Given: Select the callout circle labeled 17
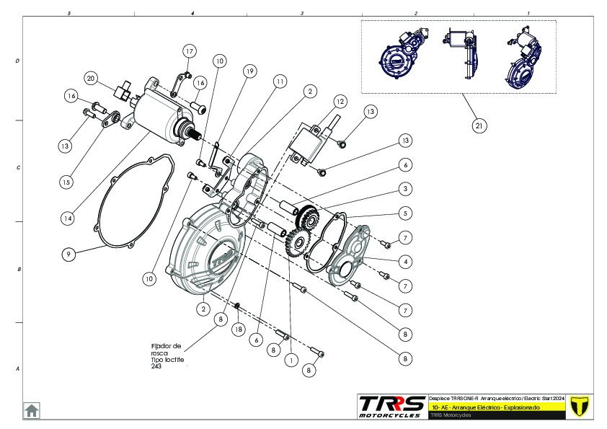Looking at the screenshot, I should coord(190,51).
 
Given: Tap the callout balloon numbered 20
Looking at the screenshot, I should coord(91,78).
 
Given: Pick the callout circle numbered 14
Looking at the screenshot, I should coord(67,217).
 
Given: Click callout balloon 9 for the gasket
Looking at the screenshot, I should coord(68,254).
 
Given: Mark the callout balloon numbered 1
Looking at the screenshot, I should coord(290,358).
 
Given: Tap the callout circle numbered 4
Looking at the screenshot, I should coord(407,260).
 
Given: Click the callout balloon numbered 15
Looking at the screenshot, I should coord(66,182).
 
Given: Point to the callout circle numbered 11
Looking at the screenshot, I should coord(279,82).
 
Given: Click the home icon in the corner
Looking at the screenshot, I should coord(32,410).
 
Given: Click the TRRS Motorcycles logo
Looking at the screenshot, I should coord(391,406).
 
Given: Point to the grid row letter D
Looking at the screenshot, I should coord(17,61).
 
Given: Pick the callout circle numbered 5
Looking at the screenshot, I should coord(407,213).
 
